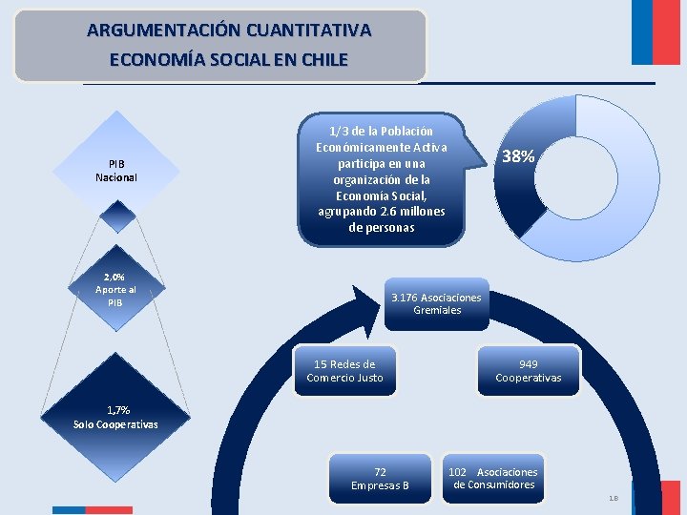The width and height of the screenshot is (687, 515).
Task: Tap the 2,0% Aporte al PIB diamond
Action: (x=115, y=289)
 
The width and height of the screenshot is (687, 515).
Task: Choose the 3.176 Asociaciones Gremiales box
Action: (x=437, y=304)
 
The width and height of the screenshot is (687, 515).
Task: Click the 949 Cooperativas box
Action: (x=529, y=371)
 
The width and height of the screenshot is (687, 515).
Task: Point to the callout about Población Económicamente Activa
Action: (x=382, y=179)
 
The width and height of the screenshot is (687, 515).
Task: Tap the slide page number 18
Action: (x=613, y=498)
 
